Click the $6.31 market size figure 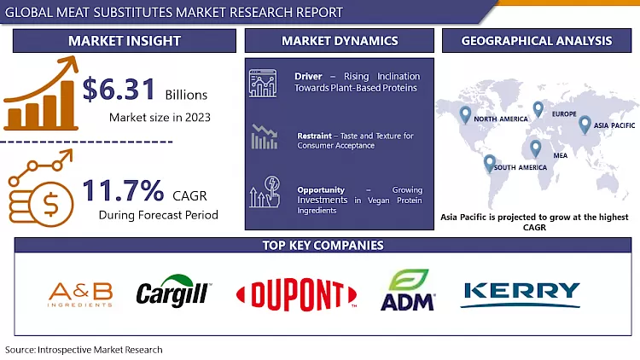click(x=119, y=90)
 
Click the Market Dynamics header click(x=340, y=41)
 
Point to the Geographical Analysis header click(x=536, y=41)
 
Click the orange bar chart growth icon click(x=38, y=94)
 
